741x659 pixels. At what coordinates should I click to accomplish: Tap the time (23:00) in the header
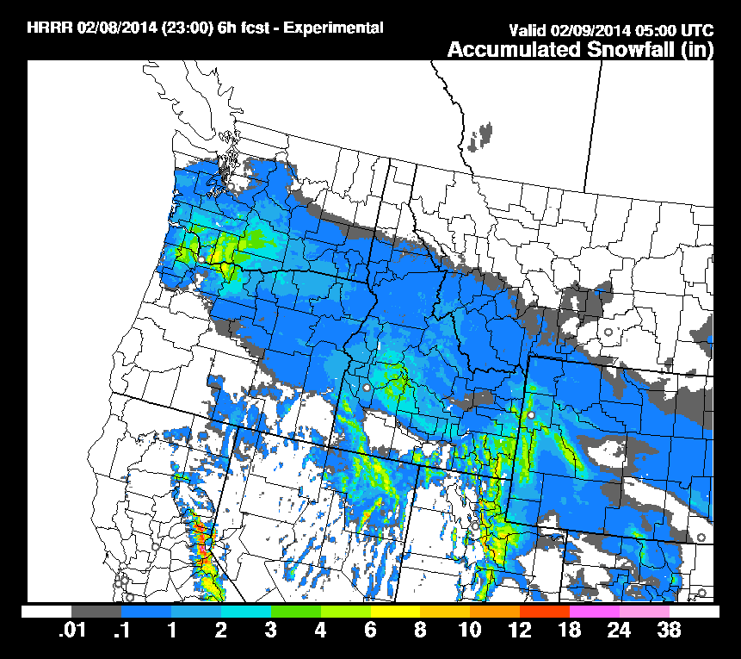[175, 28]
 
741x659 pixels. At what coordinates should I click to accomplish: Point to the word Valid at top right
[527, 32]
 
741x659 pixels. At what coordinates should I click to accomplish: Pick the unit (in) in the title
[697, 50]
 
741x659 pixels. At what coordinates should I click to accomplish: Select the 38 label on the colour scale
[669, 631]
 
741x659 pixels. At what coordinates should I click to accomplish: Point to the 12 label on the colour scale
[520, 631]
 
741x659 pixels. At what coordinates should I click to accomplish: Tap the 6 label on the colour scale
[370, 631]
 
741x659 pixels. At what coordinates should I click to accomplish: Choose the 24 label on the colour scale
[619, 631]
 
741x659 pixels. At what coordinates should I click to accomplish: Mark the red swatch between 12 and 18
[545, 611]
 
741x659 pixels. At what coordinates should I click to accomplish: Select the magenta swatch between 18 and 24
[595, 611]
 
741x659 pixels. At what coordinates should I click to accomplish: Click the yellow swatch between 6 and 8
[395, 611]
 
